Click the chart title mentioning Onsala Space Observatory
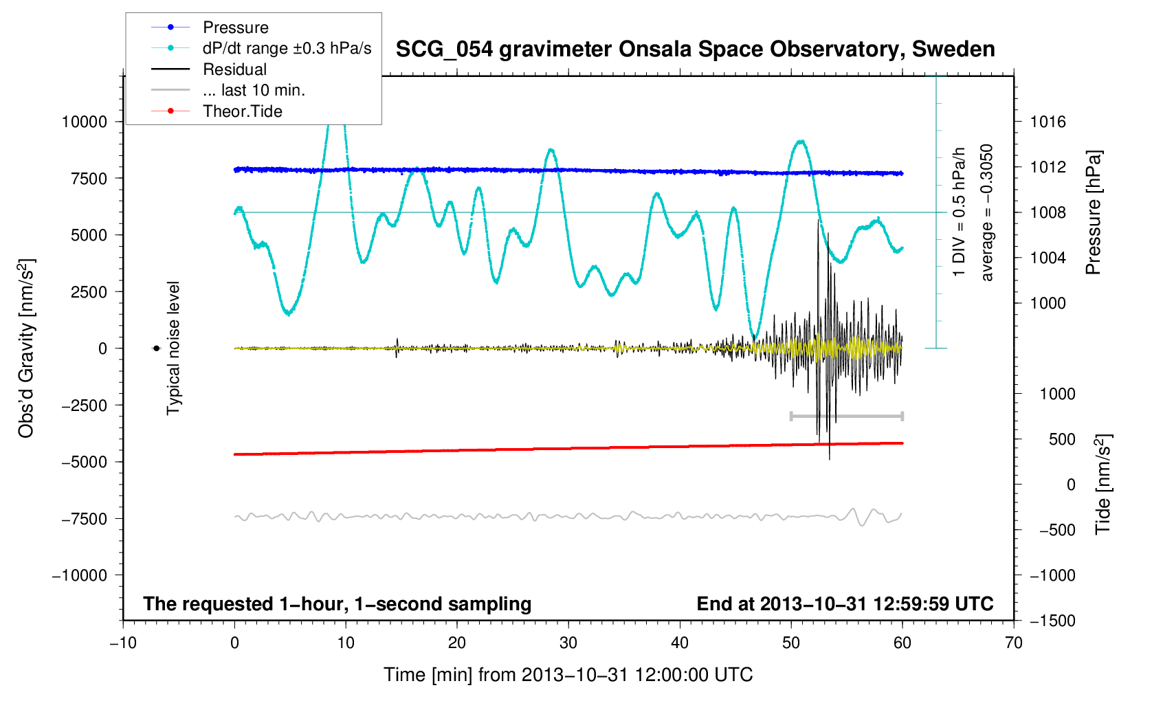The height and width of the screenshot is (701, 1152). tap(695, 49)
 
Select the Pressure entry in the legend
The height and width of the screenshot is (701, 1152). tap(235, 27)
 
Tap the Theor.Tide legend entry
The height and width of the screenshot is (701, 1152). tap(242, 111)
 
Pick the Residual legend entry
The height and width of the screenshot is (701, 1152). tap(234, 69)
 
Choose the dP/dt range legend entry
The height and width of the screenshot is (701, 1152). tap(287, 48)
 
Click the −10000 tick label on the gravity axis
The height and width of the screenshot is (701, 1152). tap(80, 576)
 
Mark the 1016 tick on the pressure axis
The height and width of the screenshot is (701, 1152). tap(1048, 122)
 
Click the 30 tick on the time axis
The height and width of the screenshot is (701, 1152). tap(568, 643)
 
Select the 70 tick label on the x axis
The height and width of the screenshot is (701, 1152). tap(1013, 643)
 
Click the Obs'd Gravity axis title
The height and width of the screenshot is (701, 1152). tap(26, 348)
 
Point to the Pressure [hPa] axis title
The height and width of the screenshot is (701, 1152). tap(1094, 212)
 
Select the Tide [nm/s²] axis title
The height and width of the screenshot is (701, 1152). tap(1103, 485)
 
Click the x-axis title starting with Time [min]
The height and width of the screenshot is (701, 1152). tap(568, 675)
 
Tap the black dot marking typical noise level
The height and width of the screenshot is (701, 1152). tap(156, 348)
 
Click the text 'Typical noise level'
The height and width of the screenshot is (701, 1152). tap(173, 348)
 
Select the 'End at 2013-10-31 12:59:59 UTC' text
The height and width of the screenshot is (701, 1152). tap(845, 604)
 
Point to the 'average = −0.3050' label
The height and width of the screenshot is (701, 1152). tap(987, 212)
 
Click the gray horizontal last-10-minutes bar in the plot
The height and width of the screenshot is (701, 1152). tap(847, 416)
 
